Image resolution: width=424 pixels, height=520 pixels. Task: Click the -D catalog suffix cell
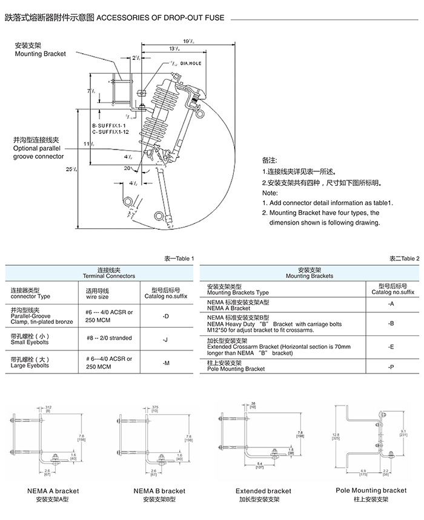coord(165,316)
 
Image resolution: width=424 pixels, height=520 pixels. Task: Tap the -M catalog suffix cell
coord(165,363)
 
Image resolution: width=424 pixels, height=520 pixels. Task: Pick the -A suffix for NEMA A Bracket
coord(391,304)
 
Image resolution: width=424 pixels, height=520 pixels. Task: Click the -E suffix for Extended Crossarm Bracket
coord(391,347)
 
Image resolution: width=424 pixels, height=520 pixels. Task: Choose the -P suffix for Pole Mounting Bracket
coord(391,366)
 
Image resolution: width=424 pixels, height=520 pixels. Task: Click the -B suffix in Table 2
coord(391,324)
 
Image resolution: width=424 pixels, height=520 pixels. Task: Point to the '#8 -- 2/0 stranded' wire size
coord(109,338)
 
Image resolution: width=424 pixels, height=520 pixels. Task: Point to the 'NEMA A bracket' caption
coord(53,491)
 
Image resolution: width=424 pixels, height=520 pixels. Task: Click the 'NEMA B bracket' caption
coord(160,491)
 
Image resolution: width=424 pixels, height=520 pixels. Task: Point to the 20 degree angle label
coord(128,169)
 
